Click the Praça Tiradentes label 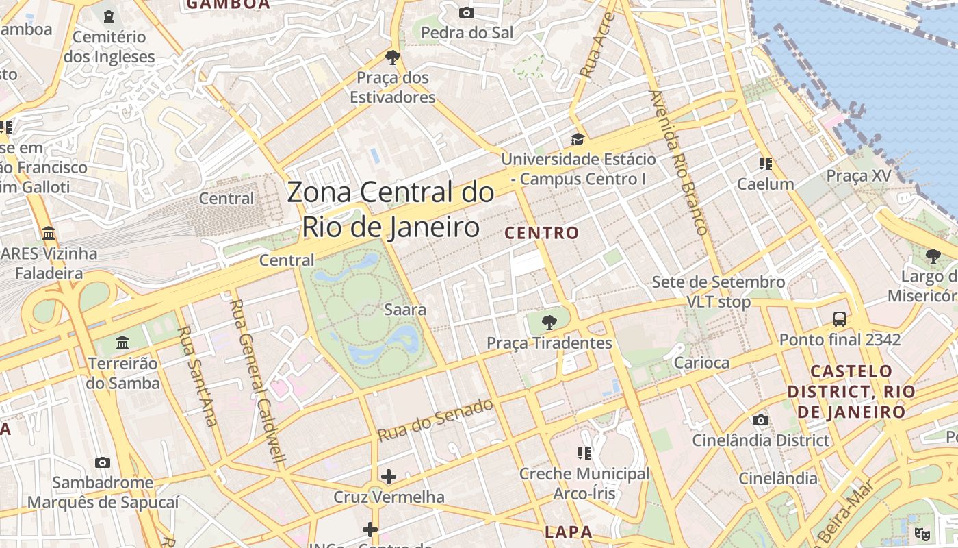pyautogui.click(x=549, y=342)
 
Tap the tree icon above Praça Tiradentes pyautogui.click(x=549, y=322)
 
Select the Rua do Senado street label pyautogui.click(x=435, y=419)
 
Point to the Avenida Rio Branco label pyautogui.click(x=677, y=162)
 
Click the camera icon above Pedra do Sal pyautogui.click(x=467, y=12)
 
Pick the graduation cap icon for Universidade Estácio pyautogui.click(x=578, y=140)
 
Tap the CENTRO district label pyautogui.click(x=542, y=233)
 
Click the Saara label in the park pyautogui.click(x=405, y=310)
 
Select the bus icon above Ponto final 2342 pyautogui.click(x=840, y=319)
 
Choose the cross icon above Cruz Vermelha pyautogui.click(x=389, y=476)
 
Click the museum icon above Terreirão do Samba pyautogui.click(x=122, y=342)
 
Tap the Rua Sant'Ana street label pyautogui.click(x=196, y=375)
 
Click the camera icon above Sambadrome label pyautogui.click(x=103, y=462)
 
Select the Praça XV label pyautogui.click(x=859, y=176)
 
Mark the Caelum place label pyautogui.click(x=765, y=184)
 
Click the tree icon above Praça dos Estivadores pyautogui.click(x=392, y=57)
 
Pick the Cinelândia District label pyautogui.click(x=760, y=440)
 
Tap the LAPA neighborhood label pyautogui.click(x=568, y=532)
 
